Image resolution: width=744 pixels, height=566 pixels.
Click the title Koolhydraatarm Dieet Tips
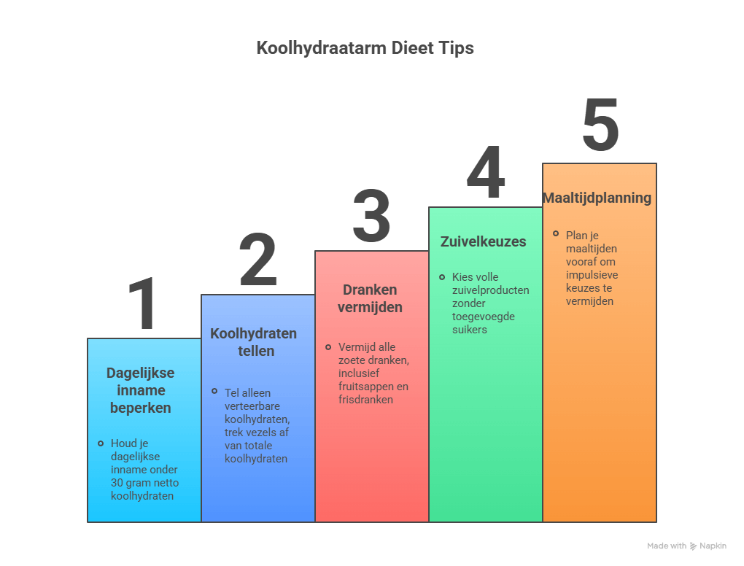(365, 48)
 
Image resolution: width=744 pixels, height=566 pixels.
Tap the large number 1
(144, 304)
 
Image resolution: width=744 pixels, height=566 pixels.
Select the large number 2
(258, 260)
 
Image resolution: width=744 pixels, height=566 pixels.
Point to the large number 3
(371, 217)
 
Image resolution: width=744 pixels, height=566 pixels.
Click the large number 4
(485, 173)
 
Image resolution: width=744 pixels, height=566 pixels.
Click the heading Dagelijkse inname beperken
(141, 390)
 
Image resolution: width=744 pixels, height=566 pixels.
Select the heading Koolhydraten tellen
(254, 342)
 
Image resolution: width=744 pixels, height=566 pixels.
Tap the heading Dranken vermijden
(370, 298)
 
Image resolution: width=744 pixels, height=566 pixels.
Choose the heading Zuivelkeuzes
(483, 241)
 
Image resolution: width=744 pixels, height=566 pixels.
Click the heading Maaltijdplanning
(597, 198)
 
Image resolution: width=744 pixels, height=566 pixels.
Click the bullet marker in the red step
(328, 347)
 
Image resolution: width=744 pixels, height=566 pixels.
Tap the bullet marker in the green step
(442, 277)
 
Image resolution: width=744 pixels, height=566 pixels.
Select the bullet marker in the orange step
(556, 234)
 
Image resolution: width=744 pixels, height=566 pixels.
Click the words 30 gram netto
(144, 483)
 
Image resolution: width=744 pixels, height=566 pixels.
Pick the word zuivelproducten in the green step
(491, 290)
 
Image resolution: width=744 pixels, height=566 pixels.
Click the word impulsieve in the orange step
(592, 274)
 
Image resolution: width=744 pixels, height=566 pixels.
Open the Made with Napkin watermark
(686, 546)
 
